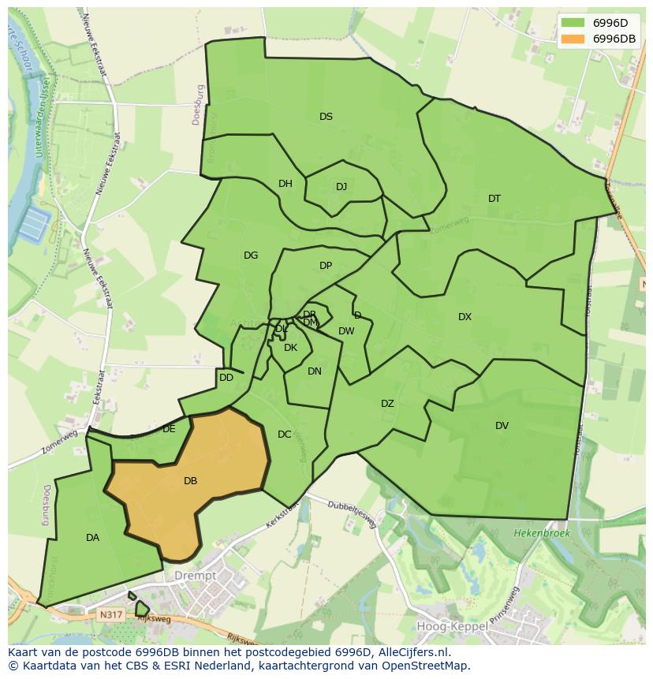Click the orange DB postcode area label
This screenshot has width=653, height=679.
pos(190,481)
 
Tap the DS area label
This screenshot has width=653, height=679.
pos(326,117)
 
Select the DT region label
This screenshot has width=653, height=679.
pos(494,199)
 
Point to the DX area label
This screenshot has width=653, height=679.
pos(465,317)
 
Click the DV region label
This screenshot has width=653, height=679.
pos(502,426)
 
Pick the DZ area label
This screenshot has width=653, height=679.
pos(387,404)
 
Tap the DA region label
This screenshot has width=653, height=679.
pos(92,538)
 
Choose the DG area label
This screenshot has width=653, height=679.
pos(251,256)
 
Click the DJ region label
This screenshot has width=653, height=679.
pos(341,187)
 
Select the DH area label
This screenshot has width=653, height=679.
pos(285,184)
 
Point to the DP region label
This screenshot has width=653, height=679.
pos(326,266)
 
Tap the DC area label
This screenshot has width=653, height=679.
pos(285,435)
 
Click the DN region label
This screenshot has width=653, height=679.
pos(315,371)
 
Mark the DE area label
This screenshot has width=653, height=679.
pos(169,430)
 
